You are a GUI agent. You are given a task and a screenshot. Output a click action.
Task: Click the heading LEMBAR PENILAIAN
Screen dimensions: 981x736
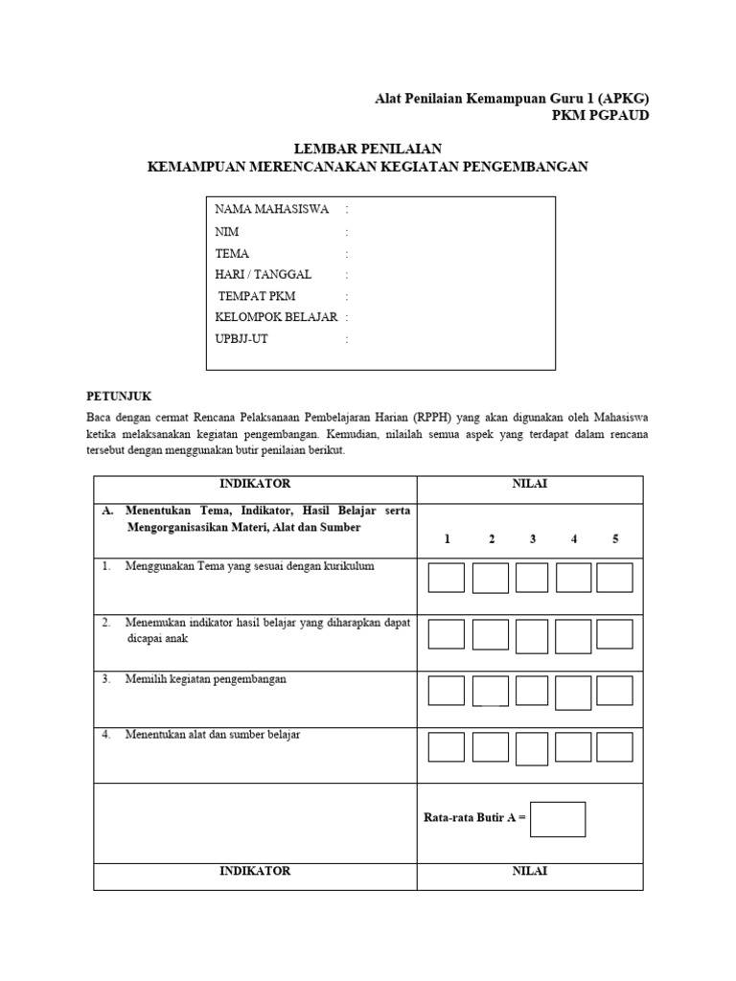[367, 148]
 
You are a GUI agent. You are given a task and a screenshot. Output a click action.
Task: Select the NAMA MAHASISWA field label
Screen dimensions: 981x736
[272, 209]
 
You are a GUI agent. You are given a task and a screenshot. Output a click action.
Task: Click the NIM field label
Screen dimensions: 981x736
[227, 232]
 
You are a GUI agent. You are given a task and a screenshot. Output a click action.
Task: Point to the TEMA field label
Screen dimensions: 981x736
[232, 254]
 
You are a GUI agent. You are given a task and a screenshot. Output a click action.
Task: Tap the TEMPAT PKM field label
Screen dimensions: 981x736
[257, 296]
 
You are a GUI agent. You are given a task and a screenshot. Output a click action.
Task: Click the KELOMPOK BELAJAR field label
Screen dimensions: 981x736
[276, 317]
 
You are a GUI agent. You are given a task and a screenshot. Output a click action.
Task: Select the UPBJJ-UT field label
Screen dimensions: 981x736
[241, 339]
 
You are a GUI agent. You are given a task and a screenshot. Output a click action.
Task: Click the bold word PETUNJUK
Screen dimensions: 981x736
[119, 396]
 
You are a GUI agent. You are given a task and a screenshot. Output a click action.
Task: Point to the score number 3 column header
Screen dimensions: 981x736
[533, 539]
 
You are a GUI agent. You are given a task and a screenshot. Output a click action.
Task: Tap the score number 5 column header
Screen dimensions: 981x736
[615, 539]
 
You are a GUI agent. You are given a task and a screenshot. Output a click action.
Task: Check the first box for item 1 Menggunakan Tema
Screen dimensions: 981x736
[447, 578]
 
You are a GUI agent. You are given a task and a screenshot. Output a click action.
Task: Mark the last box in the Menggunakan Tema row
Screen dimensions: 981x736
[614, 578]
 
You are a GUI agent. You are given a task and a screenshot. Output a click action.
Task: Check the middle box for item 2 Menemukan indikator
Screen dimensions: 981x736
[532, 634]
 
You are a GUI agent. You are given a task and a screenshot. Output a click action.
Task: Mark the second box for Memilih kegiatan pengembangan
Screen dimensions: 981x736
[490, 691]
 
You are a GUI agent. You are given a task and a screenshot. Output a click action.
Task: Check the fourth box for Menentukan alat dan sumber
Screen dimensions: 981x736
[573, 747]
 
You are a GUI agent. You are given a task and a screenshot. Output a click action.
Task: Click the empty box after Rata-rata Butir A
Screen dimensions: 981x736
[557, 819]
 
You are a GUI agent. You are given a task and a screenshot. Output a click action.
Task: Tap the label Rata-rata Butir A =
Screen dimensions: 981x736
[474, 819]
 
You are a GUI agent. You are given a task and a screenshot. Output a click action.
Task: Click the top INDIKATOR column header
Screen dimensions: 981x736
[255, 485]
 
